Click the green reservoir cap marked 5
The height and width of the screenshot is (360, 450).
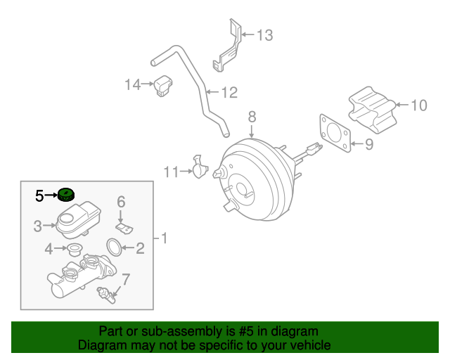pyautogui.click(x=67, y=195)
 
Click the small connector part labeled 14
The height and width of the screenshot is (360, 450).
pyautogui.click(x=165, y=85)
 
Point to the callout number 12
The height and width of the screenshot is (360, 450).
pyautogui.click(x=229, y=92)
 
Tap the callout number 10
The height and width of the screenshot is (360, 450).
pyautogui.click(x=418, y=105)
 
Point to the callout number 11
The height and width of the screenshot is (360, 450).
pyautogui.click(x=172, y=171)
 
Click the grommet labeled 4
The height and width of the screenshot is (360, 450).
pyautogui.click(x=73, y=248)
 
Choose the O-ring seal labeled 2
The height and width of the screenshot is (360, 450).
pyautogui.click(x=112, y=246)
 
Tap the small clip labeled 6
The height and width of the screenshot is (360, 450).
pyautogui.click(x=124, y=229)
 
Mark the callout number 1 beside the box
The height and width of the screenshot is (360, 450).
pyautogui.click(x=165, y=238)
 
